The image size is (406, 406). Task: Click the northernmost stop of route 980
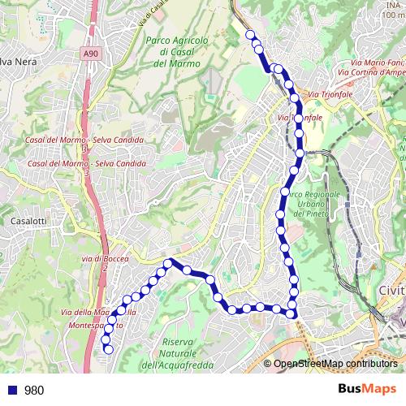pyautogui.click(x=251, y=34)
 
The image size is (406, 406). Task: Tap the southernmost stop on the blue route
pyautogui.click(x=108, y=349)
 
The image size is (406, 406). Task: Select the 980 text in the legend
pyautogui.click(x=34, y=390)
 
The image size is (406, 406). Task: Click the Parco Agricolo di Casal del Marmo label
pyautogui.click(x=177, y=50)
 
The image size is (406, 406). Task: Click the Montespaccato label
pyautogui.click(x=91, y=325)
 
